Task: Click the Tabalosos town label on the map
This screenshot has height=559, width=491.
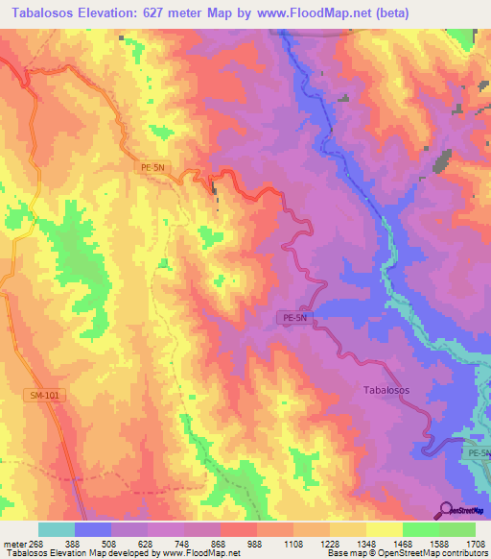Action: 387,391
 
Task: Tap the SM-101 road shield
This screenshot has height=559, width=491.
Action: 42,395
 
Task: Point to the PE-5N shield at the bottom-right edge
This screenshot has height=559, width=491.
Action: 479,451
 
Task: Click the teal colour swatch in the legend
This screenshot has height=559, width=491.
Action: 57,529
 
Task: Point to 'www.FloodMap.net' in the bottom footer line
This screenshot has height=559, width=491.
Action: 202,553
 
